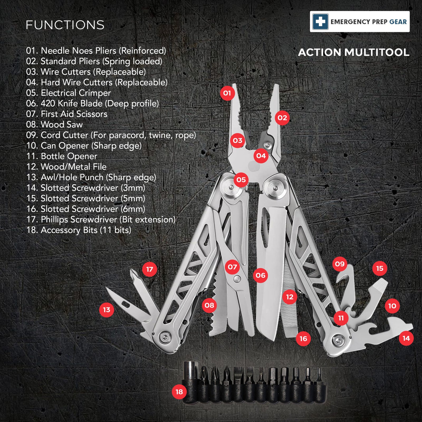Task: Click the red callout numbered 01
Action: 227,93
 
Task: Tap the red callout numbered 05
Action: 241,180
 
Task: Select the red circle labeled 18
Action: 179,392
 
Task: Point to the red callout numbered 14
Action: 406,338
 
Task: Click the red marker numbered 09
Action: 340,264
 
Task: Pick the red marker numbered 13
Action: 107,310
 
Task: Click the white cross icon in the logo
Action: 320,22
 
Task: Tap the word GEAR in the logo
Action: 398,22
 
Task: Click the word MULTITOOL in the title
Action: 377,52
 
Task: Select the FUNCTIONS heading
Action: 65,25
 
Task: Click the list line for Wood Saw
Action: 54,124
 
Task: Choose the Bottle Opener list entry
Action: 62,156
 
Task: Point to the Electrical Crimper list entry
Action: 68,93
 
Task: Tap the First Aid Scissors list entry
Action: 67,114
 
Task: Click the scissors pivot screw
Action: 237,278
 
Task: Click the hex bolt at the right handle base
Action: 338,340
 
